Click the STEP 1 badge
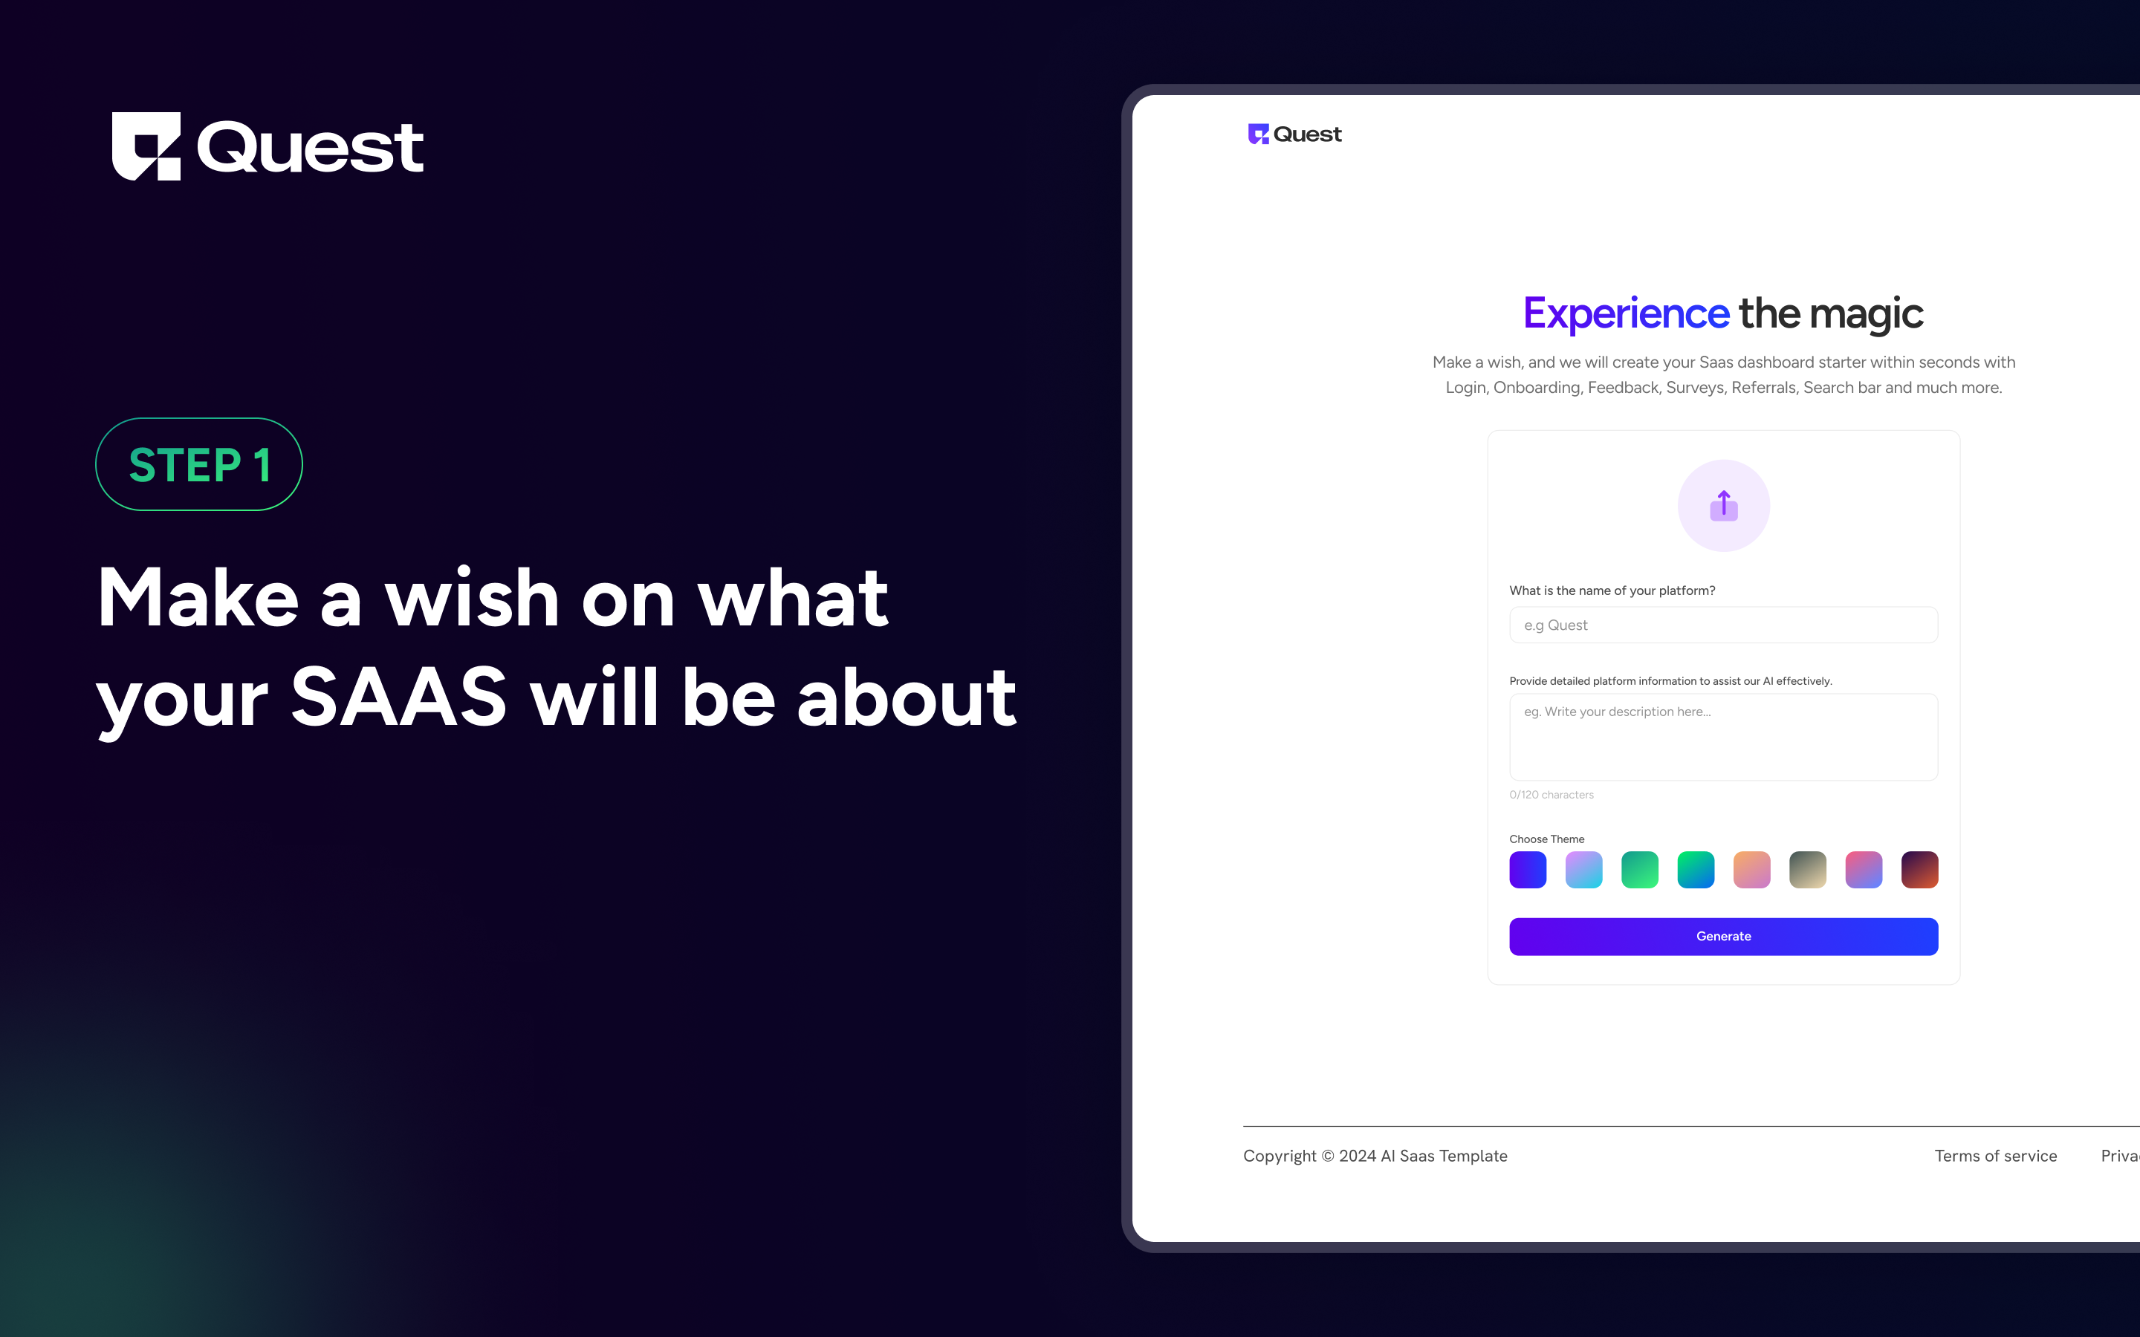(x=199, y=464)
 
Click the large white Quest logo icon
(x=146, y=146)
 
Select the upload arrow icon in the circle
(x=1723, y=506)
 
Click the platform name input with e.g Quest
(x=1723, y=625)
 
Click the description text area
(x=1723, y=738)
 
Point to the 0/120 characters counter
(x=1551, y=795)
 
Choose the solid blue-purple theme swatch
(x=1528, y=870)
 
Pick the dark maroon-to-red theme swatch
(x=1920, y=870)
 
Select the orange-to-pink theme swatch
(x=1752, y=870)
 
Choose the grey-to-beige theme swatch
(x=1808, y=870)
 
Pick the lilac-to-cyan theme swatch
(x=1583, y=870)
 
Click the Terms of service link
(x=1996, y=1156)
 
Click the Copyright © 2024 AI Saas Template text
(x=1375, y=1156)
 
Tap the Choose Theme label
(x=1546, y=839)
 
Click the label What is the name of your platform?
(x=1612, y=591)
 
